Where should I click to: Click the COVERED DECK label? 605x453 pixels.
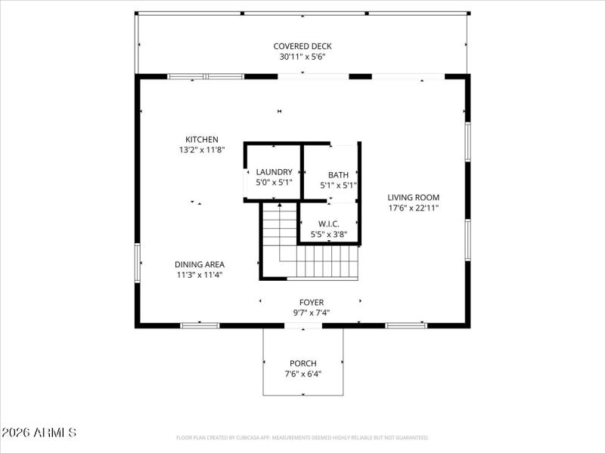point(302,46)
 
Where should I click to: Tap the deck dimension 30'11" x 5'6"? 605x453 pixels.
point(302,57)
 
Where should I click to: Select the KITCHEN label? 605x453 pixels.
point(202,139)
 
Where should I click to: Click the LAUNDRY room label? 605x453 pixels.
point(274,172)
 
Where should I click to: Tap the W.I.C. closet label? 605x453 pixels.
point(328,223)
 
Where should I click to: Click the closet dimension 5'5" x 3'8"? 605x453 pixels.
point(328,234)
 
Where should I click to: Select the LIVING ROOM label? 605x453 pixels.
point(414,197)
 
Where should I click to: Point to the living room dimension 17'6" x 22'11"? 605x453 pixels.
point(414,208)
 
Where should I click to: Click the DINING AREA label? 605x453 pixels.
point(200,264)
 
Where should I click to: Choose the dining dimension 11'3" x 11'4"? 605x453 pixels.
point(200,275)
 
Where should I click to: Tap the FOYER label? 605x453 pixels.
point(312,302)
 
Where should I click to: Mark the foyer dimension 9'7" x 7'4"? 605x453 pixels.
point(312,313)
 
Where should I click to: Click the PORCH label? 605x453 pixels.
point(302,363)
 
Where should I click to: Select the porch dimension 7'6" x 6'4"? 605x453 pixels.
point(302,374)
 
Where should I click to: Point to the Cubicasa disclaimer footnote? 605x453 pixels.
point(302,437)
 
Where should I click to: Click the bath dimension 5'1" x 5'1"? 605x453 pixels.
point(338,185)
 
